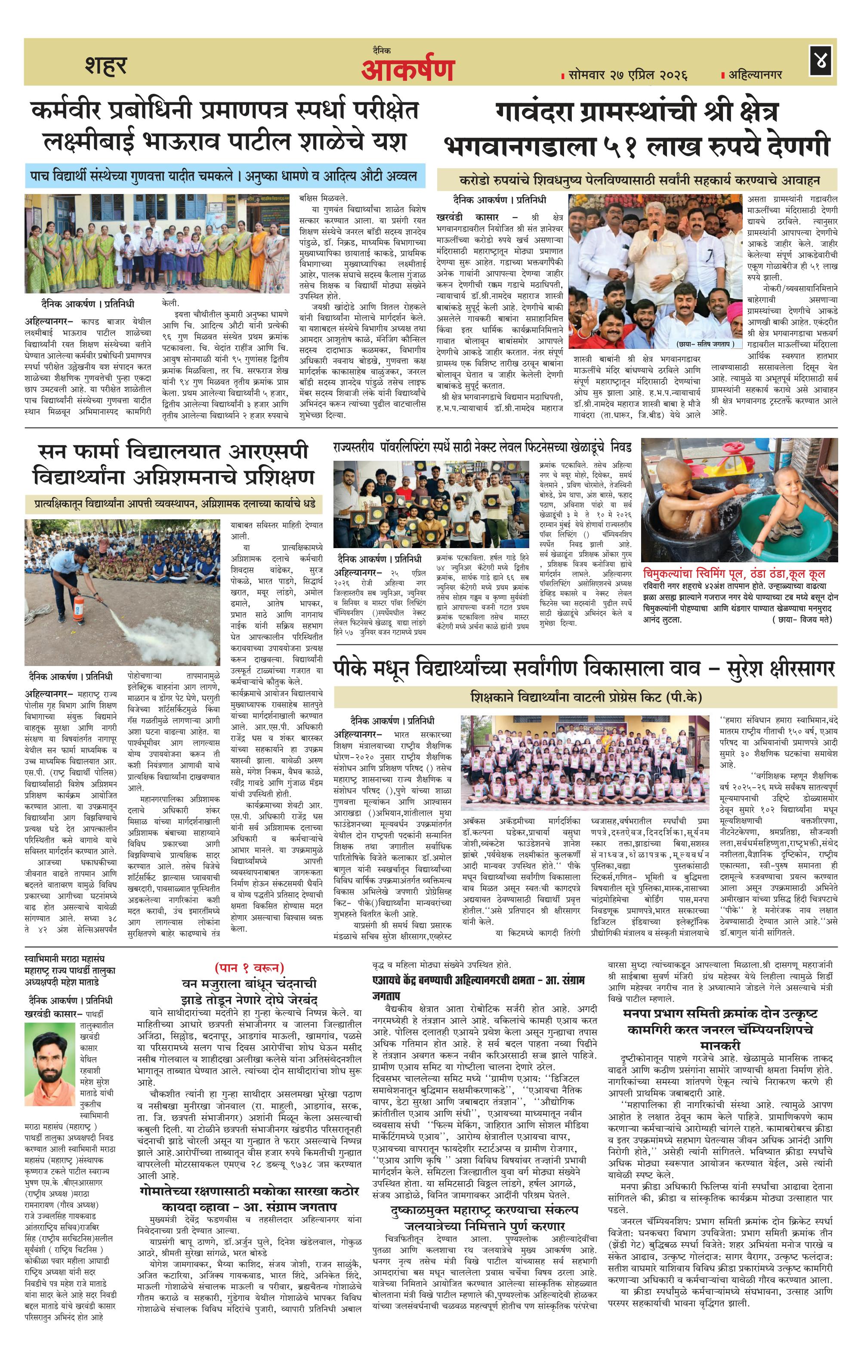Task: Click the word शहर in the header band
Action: pyautogui.click(x=105, y=65)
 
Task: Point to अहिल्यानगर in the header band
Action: pyautogui.click(x=755, y=74)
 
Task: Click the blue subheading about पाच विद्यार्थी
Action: pyautogui.click(x=225, y=176)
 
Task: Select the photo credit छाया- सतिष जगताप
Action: pyautogui.click(x=708, y=344)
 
